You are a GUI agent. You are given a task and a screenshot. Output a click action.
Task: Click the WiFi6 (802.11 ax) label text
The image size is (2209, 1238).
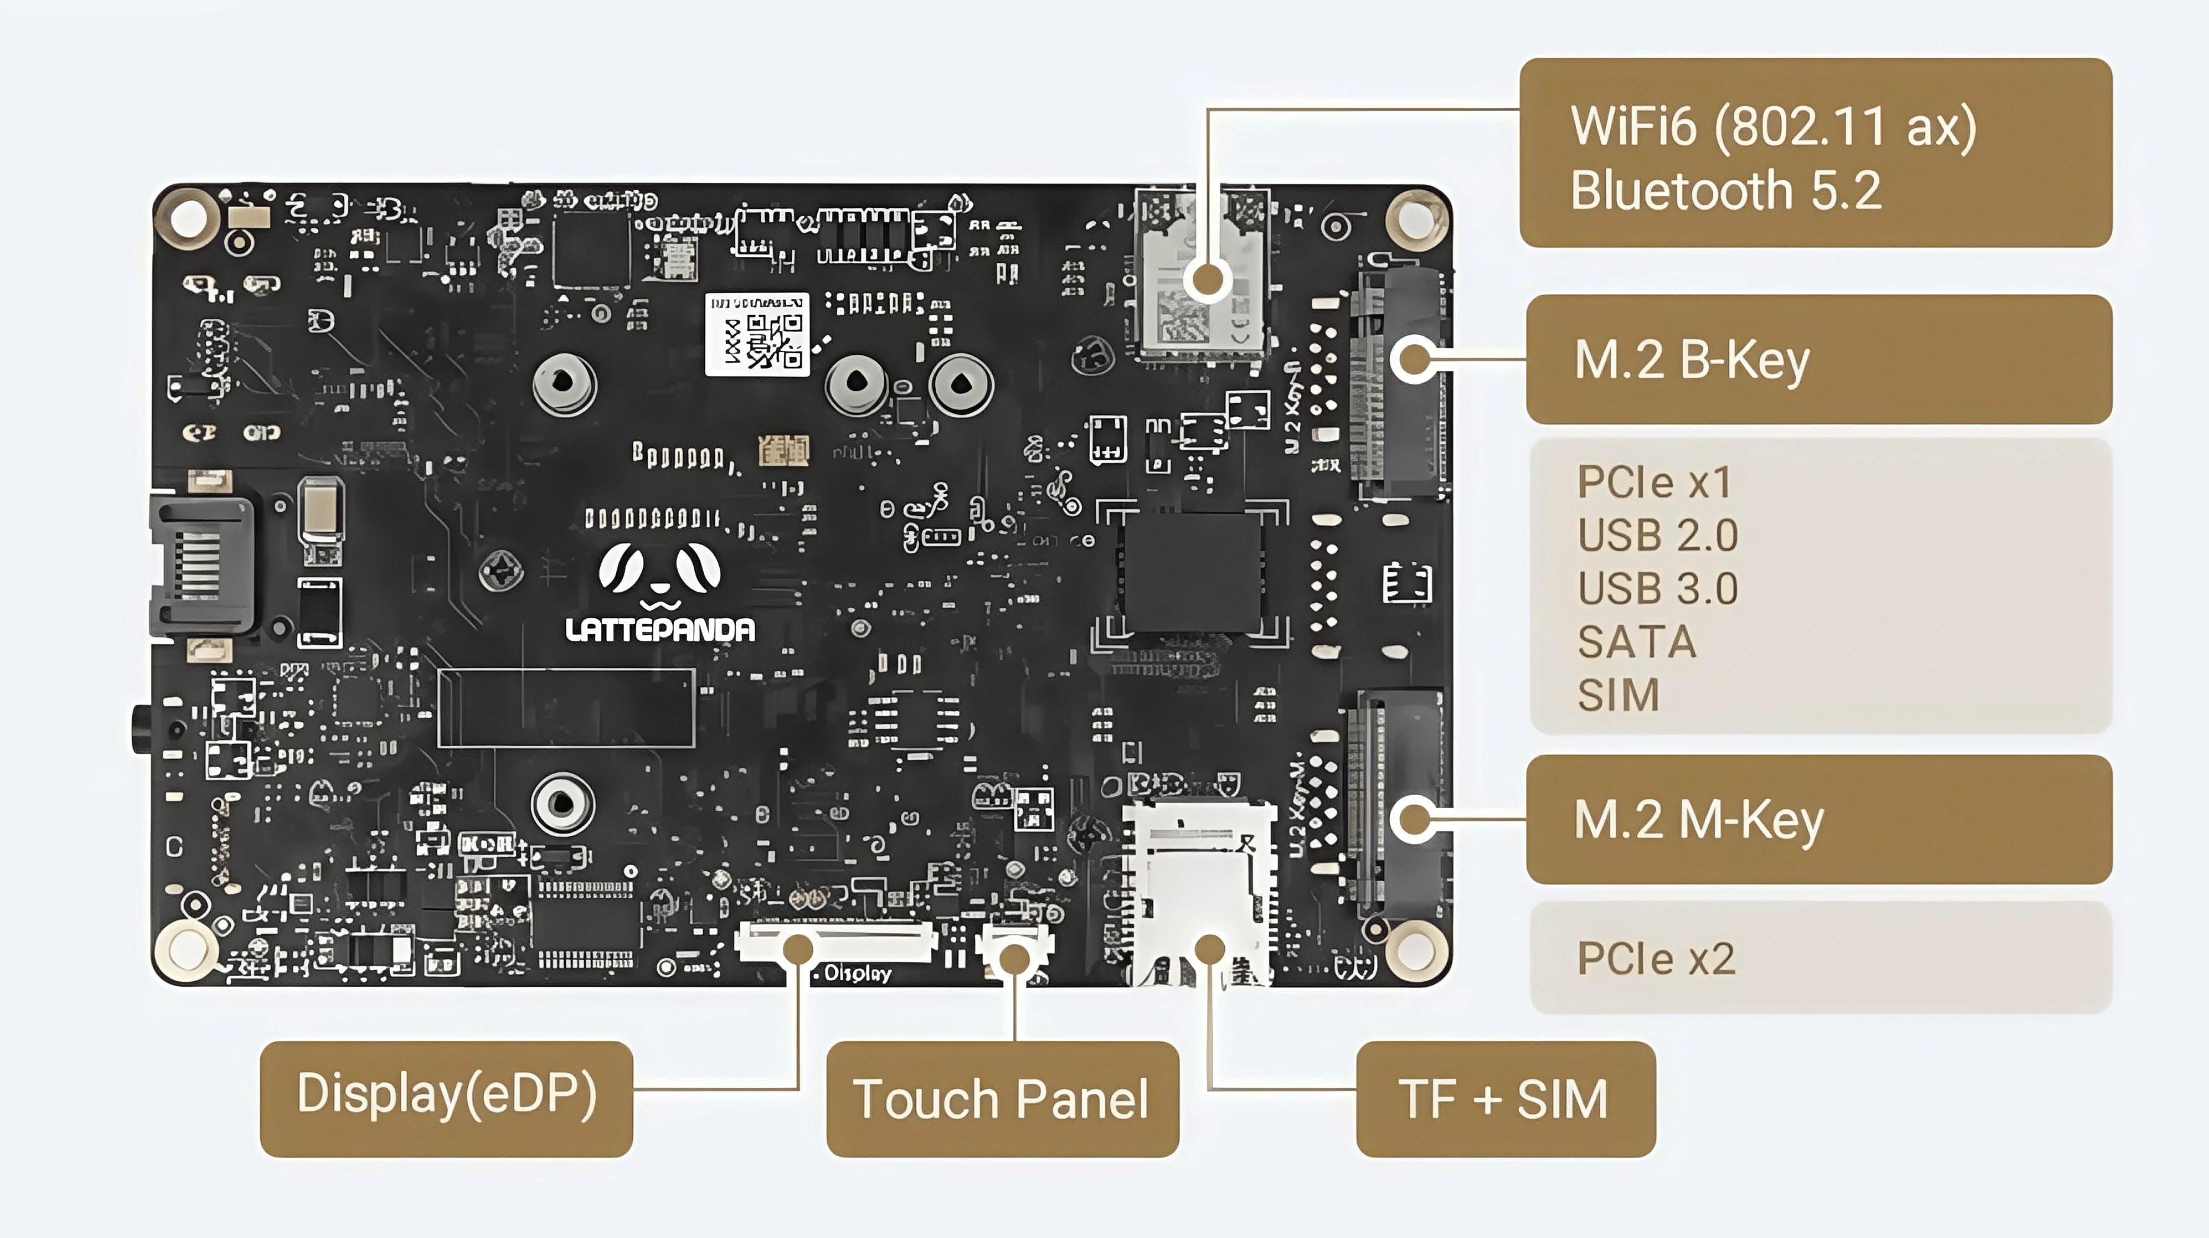(x=1773, y=127)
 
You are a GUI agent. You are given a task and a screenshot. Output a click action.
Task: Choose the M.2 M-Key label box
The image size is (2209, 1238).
(x=1818, y=819)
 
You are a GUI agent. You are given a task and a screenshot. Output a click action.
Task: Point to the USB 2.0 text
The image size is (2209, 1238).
(x=1657, y=536)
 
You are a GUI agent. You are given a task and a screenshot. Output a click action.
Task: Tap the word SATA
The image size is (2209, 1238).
(x=1637, y=642)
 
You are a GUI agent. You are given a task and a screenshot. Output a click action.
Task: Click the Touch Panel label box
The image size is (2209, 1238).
(x=1001, y=1098)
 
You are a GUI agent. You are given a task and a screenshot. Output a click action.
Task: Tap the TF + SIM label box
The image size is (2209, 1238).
(x=1505, y=1098)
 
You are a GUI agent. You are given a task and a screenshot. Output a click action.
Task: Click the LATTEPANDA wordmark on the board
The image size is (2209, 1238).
(x=660, y=630)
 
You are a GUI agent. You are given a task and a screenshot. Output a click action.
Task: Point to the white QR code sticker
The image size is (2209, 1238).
(x=756, y=334)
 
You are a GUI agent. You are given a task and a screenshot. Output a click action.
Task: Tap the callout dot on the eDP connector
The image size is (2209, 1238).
(x=799, y=949)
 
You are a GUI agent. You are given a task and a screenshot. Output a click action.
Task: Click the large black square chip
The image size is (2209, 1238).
(x=1192, y=572)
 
